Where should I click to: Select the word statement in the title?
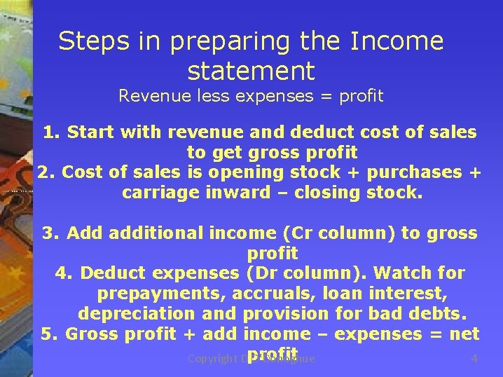click(x=251, y=71)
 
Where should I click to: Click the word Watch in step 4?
click(x=406, y=273)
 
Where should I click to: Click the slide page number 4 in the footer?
click(x=474, y=359)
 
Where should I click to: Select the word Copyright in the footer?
click(x=214, y=359)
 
